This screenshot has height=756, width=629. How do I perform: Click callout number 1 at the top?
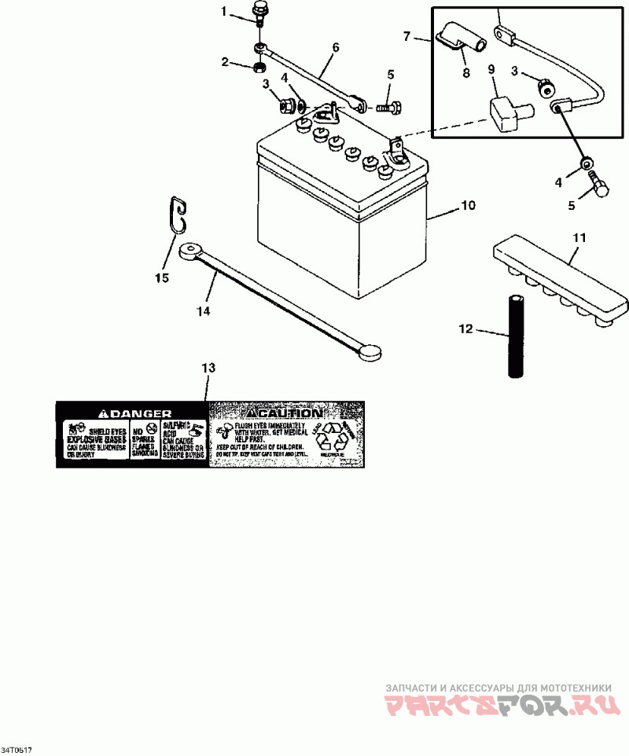click(223, 12)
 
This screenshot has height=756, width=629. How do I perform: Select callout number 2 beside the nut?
click(224, 61)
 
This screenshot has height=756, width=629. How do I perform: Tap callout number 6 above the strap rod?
click(336, 47)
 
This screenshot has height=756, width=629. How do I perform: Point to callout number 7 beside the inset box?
click(407, 35)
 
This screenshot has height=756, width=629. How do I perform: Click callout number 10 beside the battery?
click(468, 206)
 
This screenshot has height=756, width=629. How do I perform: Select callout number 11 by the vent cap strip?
click(579, 236)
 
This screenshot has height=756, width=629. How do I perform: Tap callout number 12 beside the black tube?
click(466, 328)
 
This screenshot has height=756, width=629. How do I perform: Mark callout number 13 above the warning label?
click(208, 368)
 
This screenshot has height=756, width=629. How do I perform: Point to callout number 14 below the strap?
click(204, 311)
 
